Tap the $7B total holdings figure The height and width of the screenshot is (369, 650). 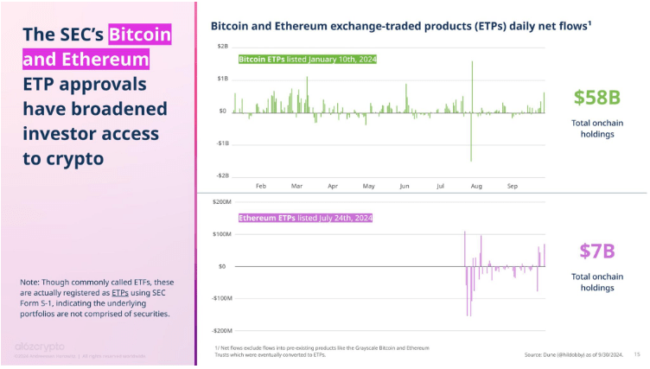tap(596, 251)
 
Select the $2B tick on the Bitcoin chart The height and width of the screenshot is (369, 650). tap(222, 46)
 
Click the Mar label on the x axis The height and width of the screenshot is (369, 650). tap(296, 186)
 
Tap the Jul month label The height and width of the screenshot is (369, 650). tap(441, 186)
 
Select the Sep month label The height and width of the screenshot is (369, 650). tap(513, 186)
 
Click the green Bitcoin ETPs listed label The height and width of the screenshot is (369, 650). tap(307, 60)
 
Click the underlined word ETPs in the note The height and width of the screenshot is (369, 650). tap(120, 293)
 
